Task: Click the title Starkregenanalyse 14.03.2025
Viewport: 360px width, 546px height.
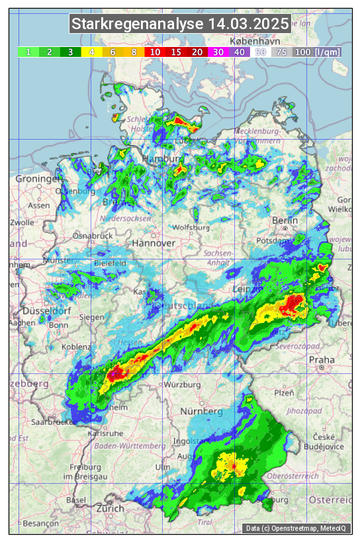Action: (x=180, y=24)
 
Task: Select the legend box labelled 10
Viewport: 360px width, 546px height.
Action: (x=155, y=52)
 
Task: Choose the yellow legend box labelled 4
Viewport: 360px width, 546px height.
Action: (x=92, y=52)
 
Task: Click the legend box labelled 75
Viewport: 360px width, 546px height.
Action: (x=281, y=52)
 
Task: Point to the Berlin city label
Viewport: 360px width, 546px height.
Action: (x=285, y=220)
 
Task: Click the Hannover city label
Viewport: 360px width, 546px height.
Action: (x=154, y=243)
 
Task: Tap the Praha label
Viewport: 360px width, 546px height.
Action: (x=322, y=359)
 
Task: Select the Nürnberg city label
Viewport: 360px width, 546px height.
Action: (x=202, y=412)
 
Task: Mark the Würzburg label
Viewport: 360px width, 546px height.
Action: (x=183, y=385)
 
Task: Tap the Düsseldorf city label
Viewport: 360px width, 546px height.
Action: (x=42, y=311)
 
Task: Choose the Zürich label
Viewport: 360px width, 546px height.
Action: (x=110, y=508)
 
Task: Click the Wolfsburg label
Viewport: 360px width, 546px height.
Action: (x=191, y=228)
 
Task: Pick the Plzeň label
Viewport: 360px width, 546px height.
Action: (x=284, y=392)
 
